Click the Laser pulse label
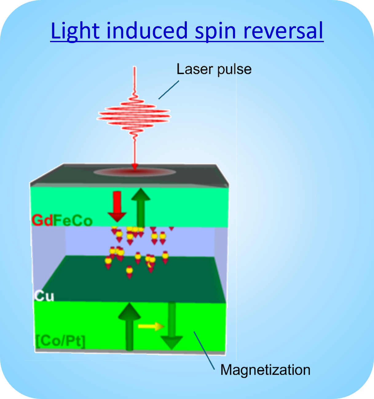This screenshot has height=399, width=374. coord(214,70)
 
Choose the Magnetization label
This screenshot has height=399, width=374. coord(265,370)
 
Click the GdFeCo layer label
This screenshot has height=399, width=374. coord(62,221)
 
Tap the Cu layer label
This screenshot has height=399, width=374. coord(44,296)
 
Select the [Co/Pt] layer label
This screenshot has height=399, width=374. coord(60,341)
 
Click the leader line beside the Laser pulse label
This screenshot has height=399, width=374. coord(168,90)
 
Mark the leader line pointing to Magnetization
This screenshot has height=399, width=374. coord(204,350)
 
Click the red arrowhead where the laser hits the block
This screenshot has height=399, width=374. coord(134,166)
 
